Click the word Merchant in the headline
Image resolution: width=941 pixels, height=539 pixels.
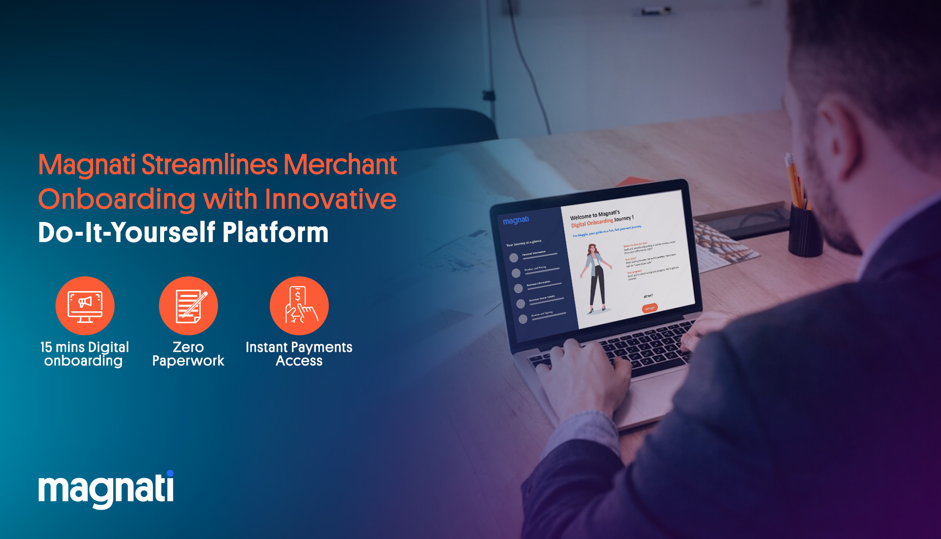[340, 165]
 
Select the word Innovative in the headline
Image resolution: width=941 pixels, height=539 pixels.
[331, 199]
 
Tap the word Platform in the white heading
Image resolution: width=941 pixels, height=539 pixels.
[275, 232]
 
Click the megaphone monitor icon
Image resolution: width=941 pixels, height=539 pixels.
[85, 306]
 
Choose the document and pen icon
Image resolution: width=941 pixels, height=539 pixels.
[189, 306]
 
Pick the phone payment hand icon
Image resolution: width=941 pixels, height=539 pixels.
[299, 306]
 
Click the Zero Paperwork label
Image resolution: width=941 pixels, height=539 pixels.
[188, 354]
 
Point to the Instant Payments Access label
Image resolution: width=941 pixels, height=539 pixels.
[299, 354]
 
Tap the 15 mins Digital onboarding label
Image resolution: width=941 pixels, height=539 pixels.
[84, 354]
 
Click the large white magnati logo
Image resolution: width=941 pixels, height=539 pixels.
[106, 490]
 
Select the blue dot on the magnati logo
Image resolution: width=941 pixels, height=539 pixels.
[170, 473]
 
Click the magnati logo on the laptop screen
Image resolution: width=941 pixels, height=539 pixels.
[516, 220]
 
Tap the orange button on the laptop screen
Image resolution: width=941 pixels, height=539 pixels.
[650, 308]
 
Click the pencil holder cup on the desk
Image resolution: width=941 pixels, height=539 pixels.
[805, 230]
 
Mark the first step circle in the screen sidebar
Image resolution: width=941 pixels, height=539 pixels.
[513, 258]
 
